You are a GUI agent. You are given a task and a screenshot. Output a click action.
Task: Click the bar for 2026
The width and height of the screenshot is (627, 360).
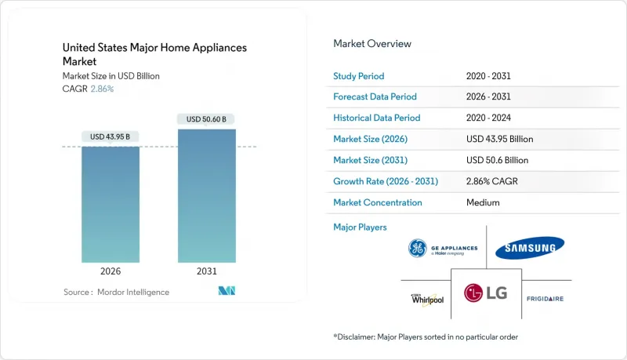click(x=111, y=204)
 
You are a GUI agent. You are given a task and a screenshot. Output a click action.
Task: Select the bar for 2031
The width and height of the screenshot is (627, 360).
click(x=207, y=196)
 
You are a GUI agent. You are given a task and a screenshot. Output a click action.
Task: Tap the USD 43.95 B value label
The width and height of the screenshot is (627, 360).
click(x=111, y=137)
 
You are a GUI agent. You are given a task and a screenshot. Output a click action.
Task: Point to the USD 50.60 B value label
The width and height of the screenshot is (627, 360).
click(x=207, y=119)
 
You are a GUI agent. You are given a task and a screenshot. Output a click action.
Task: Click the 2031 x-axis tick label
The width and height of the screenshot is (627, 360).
click(x=207, y=271)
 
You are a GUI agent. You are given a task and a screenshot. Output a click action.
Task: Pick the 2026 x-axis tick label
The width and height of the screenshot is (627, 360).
click(x=111, y=271)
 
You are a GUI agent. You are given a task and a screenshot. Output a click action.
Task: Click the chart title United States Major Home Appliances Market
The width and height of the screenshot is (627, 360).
click(x=154, y=54)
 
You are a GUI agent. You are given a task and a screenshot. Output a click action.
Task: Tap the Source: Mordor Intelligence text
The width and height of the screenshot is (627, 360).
click(x=116, y=292)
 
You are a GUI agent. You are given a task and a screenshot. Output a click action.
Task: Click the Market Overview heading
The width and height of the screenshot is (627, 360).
click(x=371, y=44)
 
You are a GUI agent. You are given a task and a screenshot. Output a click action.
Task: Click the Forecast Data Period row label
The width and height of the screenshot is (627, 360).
click(x=375, y=97)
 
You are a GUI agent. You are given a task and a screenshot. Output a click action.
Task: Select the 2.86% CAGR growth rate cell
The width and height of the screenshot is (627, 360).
click(x=492, y=181)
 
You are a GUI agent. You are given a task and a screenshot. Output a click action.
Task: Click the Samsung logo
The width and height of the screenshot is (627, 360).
click(x=531, y=248)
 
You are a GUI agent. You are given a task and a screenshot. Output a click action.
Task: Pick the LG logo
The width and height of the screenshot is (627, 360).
click(x=486, y=293)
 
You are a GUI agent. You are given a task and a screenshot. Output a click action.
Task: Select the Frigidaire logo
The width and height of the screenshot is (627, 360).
click(x=545, y=299)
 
